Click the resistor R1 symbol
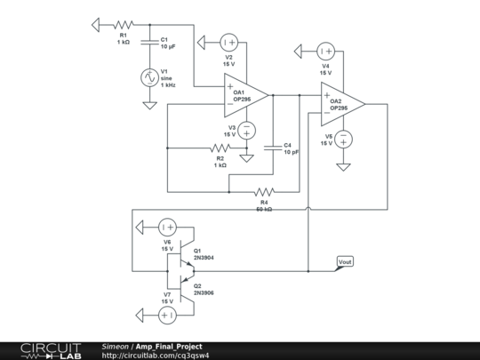point(123,24)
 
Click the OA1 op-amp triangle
point(245,93)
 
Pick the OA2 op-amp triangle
point(342,103)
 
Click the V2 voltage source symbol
point(228,42)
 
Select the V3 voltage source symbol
point(247,131)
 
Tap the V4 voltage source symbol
point(325,52)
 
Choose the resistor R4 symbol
point(264,191)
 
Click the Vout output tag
point(346,261)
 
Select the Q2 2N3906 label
point(204,289)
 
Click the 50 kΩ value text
point(264,209)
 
